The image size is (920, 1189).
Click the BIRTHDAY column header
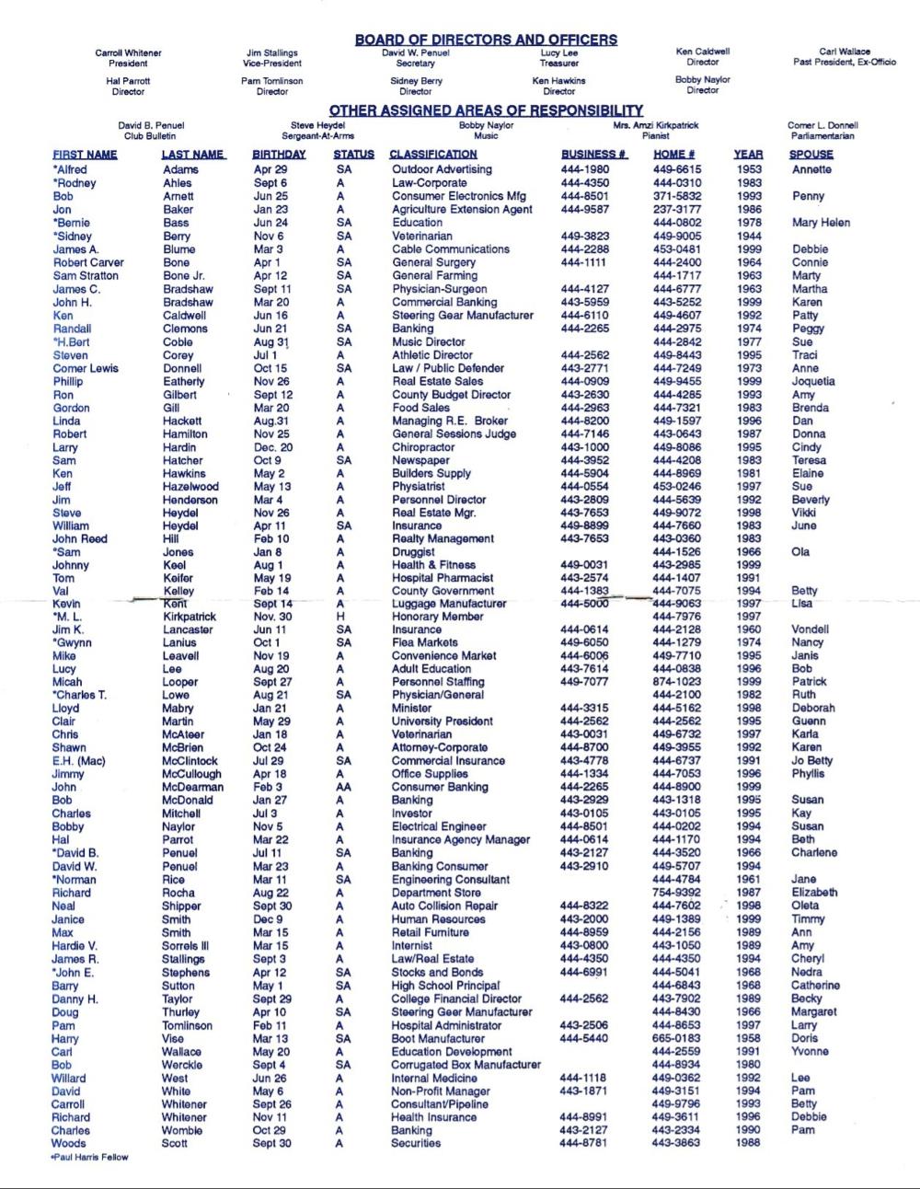[279, 155]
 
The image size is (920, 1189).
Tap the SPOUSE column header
[811, 155]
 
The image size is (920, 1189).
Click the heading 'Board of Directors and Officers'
[486, 40]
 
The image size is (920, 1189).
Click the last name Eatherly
[184, 381]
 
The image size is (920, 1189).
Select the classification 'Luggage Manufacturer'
[449, 604]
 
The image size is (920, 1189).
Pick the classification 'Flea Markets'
[425, 642]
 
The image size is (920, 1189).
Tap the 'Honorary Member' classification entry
[437, 617]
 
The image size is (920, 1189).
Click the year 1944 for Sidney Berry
[749, 236]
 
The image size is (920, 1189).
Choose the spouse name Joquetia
[813, 381]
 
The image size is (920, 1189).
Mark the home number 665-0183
[676, 1038]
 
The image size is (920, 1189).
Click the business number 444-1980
[584, 169]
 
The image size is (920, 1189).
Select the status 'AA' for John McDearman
[342, 787]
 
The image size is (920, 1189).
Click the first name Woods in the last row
[69, 1143]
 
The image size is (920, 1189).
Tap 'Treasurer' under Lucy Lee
[558, 63]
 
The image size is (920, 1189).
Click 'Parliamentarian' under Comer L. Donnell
[822, 135]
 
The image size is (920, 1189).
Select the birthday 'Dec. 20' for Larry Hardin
[273, 447]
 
